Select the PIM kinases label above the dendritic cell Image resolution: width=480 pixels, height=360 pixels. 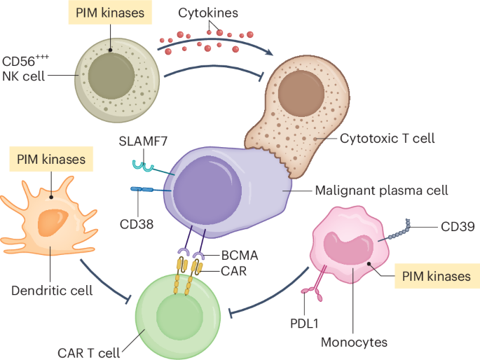tap(51, 160)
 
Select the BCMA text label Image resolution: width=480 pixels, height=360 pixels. tap(239, 256)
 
